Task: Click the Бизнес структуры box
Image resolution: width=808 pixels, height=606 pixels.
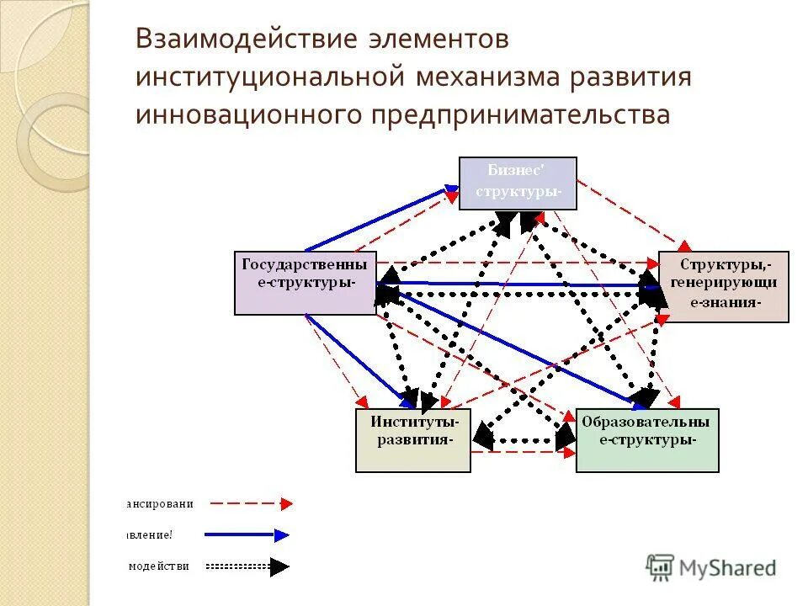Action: tap(518, 183)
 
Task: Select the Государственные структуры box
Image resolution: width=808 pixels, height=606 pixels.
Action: tap(305, 282)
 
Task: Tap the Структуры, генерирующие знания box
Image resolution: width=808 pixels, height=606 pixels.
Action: tap(723, 286)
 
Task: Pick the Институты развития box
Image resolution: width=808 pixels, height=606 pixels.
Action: tap(412, 440)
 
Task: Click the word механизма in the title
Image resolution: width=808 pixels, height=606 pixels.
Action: tap(484, 77)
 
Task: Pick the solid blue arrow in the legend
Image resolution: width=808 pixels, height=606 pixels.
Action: tap(249, 534)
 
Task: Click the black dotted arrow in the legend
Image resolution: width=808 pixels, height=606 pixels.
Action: tap(248, 566)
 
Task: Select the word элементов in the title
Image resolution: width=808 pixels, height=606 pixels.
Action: tap(437, 40)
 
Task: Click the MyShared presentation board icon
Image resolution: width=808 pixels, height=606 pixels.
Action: tap(661, 566)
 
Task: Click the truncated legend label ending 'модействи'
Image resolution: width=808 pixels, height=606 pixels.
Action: tap(158, 566)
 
